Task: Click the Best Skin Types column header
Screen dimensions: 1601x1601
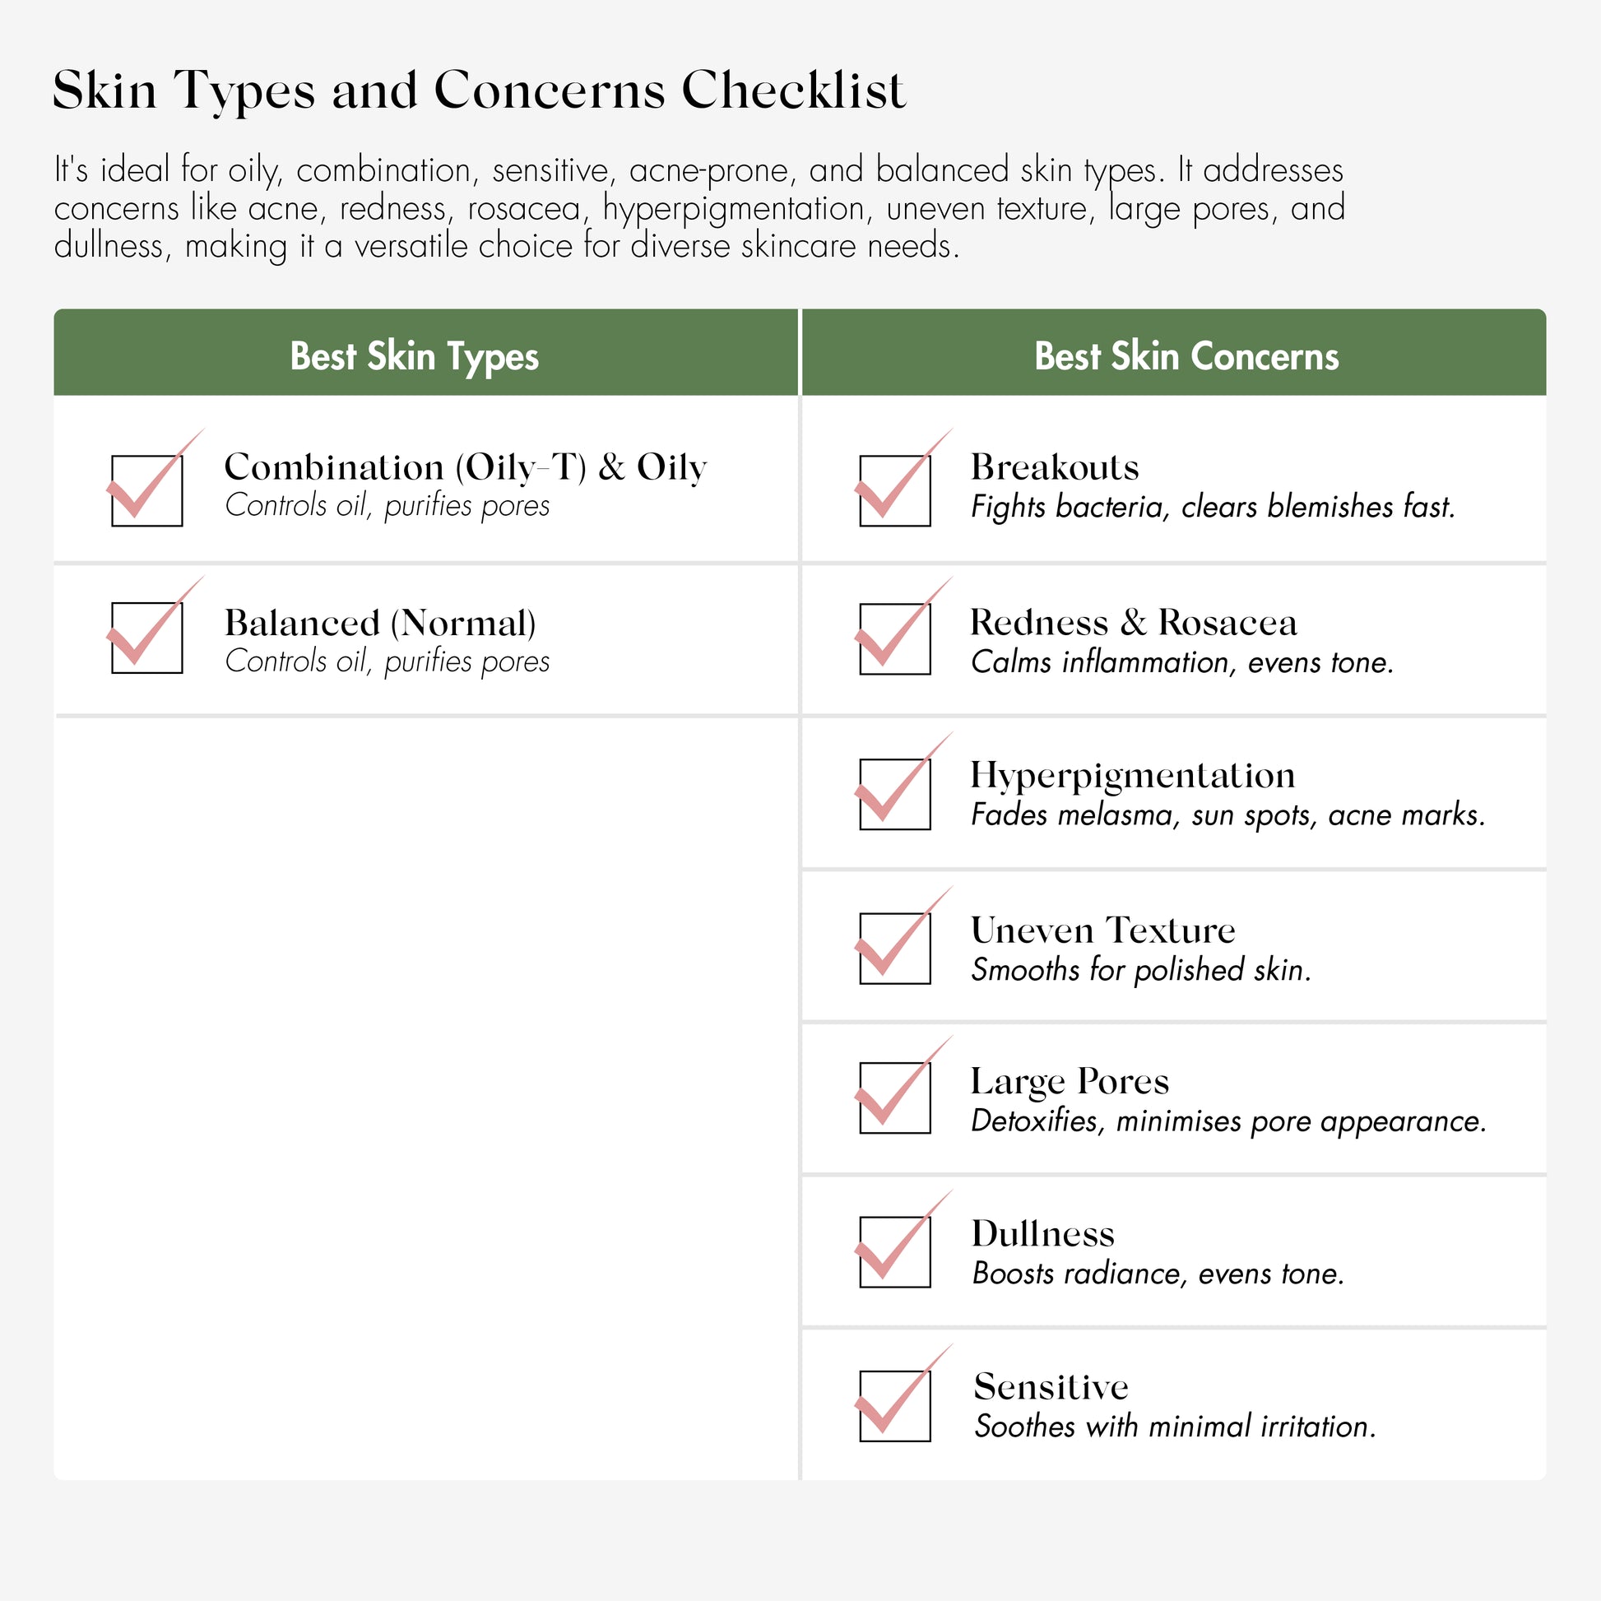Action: point(415,356)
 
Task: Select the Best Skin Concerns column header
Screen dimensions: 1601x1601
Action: point(1186,356)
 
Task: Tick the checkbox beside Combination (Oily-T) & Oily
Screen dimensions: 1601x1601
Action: point(146,490)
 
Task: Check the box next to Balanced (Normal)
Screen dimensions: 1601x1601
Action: point(146,638)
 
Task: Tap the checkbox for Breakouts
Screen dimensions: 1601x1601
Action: point(895,490)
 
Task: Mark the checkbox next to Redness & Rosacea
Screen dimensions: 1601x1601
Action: point(895,639)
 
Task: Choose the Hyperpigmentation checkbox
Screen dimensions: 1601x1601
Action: point(895,794)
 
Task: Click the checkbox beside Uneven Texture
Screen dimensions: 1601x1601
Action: point(895,949)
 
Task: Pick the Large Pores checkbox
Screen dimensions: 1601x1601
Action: point(895,1098)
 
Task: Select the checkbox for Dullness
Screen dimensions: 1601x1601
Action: point(895,1252)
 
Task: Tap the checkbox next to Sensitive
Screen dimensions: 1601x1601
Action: point(895,1406)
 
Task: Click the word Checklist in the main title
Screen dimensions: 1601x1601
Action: point(793,90)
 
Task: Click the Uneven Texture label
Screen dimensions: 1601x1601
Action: point(1103,930)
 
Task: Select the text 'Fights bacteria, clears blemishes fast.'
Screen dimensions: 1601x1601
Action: point(1213,506)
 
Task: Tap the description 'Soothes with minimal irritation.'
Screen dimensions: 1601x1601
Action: point(1175,1426)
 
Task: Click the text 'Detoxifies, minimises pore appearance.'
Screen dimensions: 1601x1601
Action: point(1229,1121)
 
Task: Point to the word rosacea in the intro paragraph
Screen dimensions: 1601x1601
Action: point(524,208)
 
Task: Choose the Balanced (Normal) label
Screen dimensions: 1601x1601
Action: point(380,623)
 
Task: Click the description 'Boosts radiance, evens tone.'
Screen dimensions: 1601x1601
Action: point(1158,1274)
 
